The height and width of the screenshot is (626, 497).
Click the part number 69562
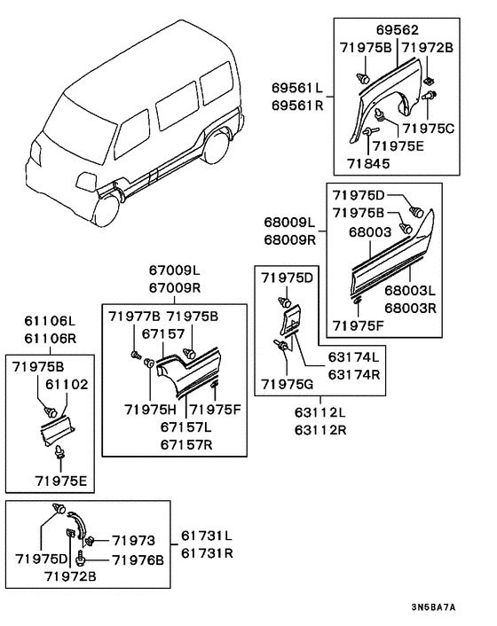pyautogui.click(x=398, y=30)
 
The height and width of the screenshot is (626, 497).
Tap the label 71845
pyautogui.click(x=368, y=163)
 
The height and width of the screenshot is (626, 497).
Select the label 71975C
pyautogui.click(x=429, y=129)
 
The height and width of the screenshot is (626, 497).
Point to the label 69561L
pyautogui.click(x=297, y=88)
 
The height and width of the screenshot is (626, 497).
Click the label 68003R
pyautogui.click(x=410, y=309)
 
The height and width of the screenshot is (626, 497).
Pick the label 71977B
pyautogui.click(x=134, y=317)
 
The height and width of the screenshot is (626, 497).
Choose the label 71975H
pyautogui.click(x=150, y=410)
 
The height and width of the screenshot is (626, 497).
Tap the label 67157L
pyautogui.click(x=186, y=426)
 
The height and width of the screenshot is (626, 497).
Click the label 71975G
pyautogui.click(x=288, y=384)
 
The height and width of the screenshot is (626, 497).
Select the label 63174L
pyautogui.click(x=354, y=356)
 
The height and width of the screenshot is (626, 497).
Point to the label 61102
pyautogui.click(x=67, y=384)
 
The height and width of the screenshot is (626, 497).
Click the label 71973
pyautogui.click(x=133, y=540)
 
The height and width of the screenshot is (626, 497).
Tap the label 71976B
pyautogui.click(x=138, y=559)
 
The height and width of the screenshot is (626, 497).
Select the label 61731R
pyautogui.click(x=207, y=553)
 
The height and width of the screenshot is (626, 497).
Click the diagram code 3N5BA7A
pyautogui.click(x=433, y=607)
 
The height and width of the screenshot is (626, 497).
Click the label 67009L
pyautogui.click(x=175, y=270)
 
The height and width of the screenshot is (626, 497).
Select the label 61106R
pyautogui.click(x=50, y=338)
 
